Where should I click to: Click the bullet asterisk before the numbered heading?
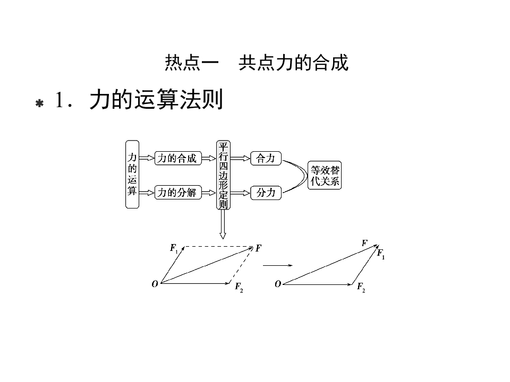39,103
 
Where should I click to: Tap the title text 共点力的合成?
293,63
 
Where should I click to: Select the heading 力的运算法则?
156,100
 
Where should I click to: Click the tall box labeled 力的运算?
132,174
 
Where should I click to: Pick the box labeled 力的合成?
177,158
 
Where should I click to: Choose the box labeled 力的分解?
177,193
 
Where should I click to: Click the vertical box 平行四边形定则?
223,175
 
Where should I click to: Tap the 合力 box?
266,158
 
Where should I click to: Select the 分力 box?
266,193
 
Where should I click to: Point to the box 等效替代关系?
325,176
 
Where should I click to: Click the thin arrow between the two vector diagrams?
278,264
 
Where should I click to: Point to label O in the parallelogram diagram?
155,284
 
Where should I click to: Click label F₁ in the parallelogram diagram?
174,248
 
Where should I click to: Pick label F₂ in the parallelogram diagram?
239,288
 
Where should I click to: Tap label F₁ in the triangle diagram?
381,254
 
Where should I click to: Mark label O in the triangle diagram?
277,284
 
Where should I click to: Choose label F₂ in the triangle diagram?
361,288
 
